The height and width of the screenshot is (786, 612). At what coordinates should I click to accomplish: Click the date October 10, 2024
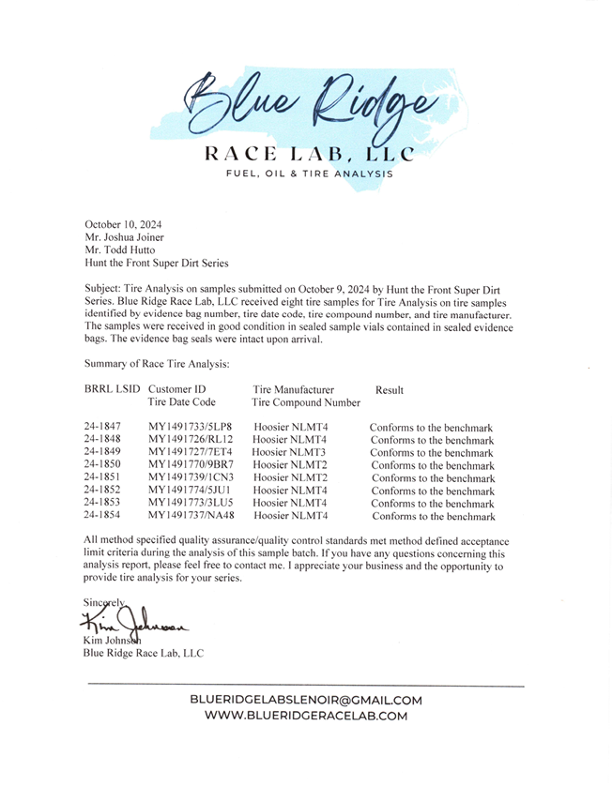123,224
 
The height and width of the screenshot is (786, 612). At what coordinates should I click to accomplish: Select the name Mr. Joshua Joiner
125,237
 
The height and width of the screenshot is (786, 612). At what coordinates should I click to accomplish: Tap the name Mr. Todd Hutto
120,250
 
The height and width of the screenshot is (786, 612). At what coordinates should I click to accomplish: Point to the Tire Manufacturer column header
293,389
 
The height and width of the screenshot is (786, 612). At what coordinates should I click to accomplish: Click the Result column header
390,389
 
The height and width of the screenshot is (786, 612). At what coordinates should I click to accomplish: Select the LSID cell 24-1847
102,428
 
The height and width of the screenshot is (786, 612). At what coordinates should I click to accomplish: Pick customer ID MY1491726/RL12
191,440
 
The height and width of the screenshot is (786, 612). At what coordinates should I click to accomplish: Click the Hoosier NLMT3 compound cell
289,452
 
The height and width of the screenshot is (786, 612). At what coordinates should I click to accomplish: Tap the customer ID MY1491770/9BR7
191,465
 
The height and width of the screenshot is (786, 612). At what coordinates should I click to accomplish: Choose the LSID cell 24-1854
102,515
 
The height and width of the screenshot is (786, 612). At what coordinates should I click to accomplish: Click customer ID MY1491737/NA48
191,515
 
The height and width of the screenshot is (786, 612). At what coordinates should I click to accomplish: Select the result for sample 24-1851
433,477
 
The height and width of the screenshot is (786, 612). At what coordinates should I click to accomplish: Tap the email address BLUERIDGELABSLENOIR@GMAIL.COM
306,700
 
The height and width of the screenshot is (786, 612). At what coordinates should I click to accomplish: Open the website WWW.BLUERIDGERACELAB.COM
306,716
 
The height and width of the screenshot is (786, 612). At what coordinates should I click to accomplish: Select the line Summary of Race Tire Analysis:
157,363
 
